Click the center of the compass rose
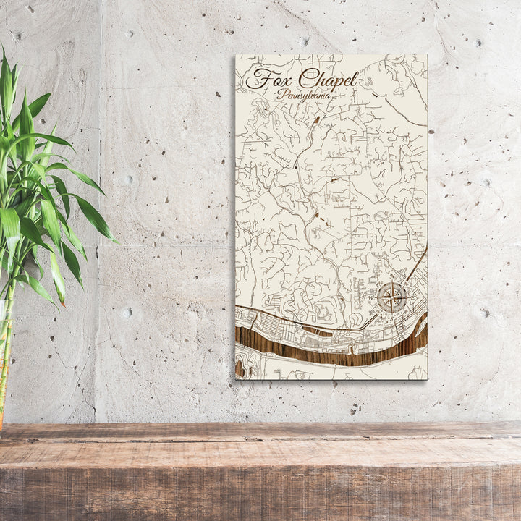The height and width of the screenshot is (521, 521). pos(391,297)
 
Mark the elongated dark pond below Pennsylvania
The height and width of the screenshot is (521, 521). pos(316,118)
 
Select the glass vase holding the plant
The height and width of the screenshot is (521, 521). pos(4,362)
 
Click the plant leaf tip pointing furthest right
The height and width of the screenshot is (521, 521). pos(116,240)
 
